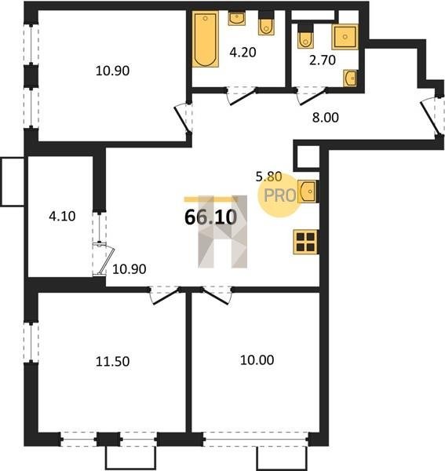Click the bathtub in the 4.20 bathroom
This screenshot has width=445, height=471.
205,38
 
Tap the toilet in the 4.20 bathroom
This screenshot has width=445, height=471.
266,23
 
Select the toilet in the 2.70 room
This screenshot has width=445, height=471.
305,36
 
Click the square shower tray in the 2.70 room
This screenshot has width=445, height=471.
345,37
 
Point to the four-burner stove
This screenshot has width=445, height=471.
305,242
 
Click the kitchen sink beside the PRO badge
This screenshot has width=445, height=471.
307,191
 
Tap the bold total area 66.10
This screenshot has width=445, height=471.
210,217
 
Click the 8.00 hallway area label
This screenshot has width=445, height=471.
325,118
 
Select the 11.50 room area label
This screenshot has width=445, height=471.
112,361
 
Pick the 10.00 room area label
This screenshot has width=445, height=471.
257,360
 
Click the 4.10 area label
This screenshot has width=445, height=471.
62,216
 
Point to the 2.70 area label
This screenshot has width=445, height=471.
323,60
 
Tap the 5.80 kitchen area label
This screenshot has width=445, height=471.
268,177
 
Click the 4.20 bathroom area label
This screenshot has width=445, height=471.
243,53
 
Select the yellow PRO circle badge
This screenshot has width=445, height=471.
279,195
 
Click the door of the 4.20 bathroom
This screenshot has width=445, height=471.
242,96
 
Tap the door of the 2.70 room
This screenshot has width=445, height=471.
312,96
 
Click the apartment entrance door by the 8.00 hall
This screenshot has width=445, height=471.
432,116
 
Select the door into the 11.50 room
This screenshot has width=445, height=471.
165,296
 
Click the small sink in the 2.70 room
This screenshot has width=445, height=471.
350,78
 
